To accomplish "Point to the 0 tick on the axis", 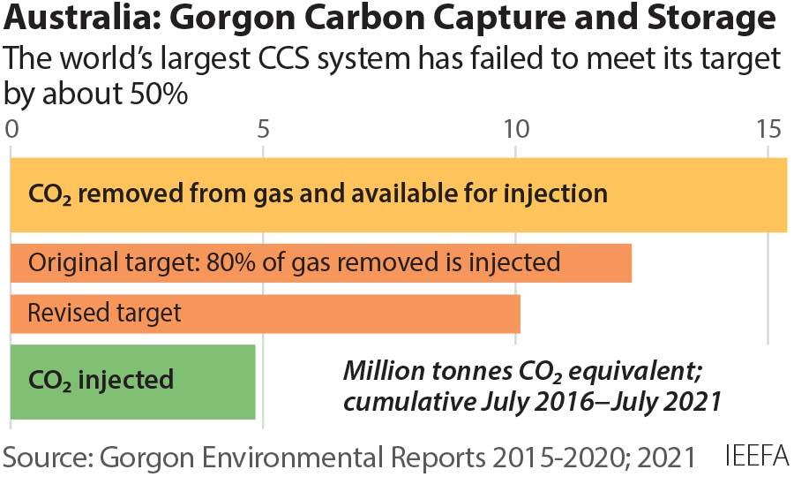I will coord(12,130).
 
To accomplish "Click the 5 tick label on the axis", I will coord(263,130).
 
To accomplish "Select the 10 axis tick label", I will coord(515,130).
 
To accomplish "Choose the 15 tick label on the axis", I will coord(767,130).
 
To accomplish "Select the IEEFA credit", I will coord(756,458).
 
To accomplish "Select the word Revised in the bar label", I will coord(63,313).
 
